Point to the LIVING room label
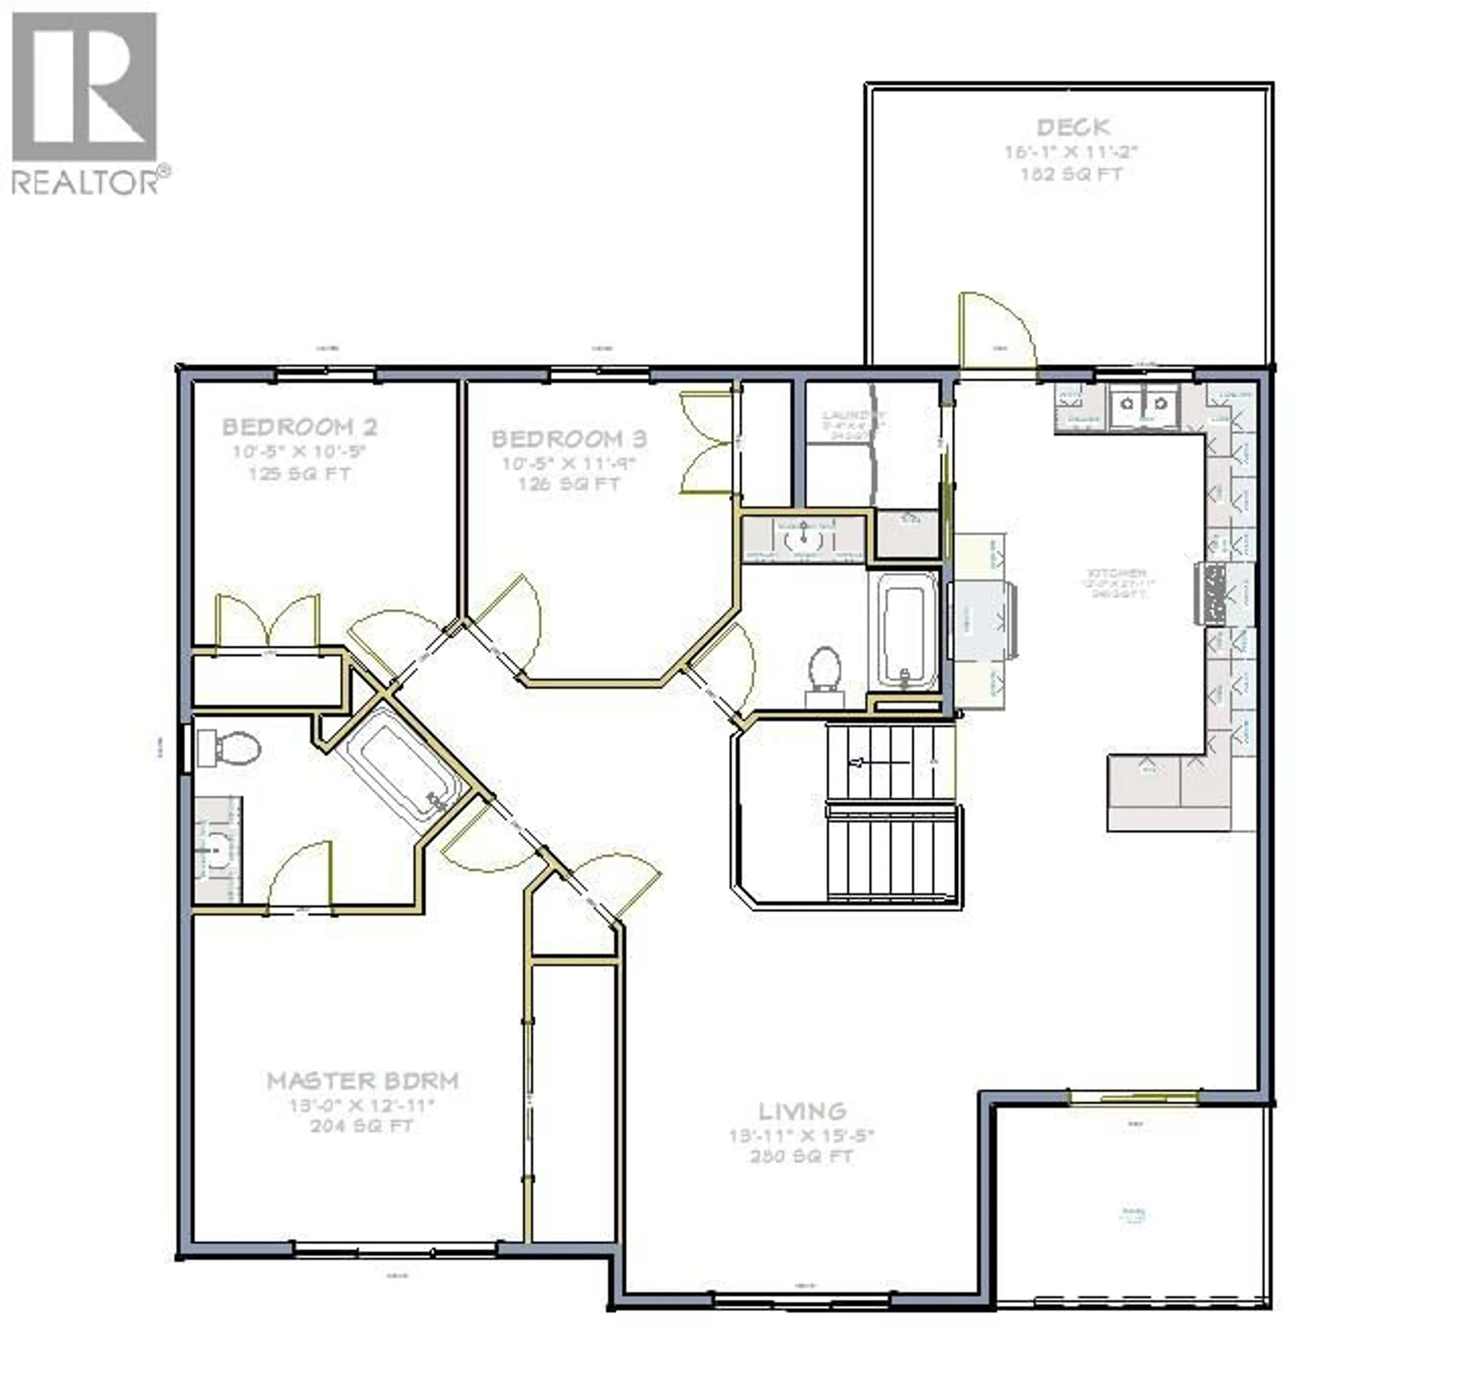[x=803, y=1111]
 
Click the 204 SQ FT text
[x=362, y=1126]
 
